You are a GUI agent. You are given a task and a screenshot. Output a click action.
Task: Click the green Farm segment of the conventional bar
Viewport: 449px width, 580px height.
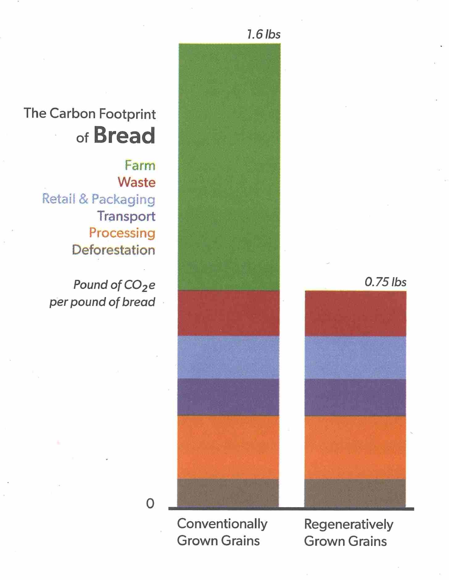pos(229,167)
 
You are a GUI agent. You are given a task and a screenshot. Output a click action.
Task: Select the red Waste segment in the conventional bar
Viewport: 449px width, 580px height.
pos(229,313)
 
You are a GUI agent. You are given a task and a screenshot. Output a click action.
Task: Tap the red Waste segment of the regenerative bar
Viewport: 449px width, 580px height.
pos(355,313)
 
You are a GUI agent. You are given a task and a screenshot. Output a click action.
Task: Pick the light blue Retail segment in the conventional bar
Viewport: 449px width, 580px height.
pos(229,357)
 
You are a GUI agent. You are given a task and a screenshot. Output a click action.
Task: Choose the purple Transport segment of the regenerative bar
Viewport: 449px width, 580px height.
pos(355,397)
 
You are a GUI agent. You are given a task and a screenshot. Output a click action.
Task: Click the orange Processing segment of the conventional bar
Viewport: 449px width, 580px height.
pos(228,447)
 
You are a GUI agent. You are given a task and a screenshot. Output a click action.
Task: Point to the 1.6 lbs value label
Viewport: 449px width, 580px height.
pos(264,34)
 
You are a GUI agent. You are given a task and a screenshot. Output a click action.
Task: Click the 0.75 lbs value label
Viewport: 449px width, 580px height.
pos(385,282)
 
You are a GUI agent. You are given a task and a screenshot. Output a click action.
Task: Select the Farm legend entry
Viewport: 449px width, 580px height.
pos(140,166)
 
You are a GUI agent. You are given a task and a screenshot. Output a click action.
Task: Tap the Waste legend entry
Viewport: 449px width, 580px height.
pos(136,182)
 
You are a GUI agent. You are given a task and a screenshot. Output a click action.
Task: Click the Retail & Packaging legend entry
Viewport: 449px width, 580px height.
pos(99,199)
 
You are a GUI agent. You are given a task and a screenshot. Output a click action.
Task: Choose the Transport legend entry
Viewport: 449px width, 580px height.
pos(126,216)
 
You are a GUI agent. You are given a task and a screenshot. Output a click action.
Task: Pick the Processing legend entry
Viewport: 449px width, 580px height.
pos(122,233)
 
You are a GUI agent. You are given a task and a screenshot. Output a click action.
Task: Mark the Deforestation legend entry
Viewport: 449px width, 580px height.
pos(113,250)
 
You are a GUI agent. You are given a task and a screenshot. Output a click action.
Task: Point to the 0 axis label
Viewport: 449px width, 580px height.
pos(150,504)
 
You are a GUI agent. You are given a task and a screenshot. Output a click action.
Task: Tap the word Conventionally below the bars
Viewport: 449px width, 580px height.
pos(222,524)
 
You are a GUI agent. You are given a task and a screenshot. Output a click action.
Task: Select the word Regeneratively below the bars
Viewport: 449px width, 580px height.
pos(348,524)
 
